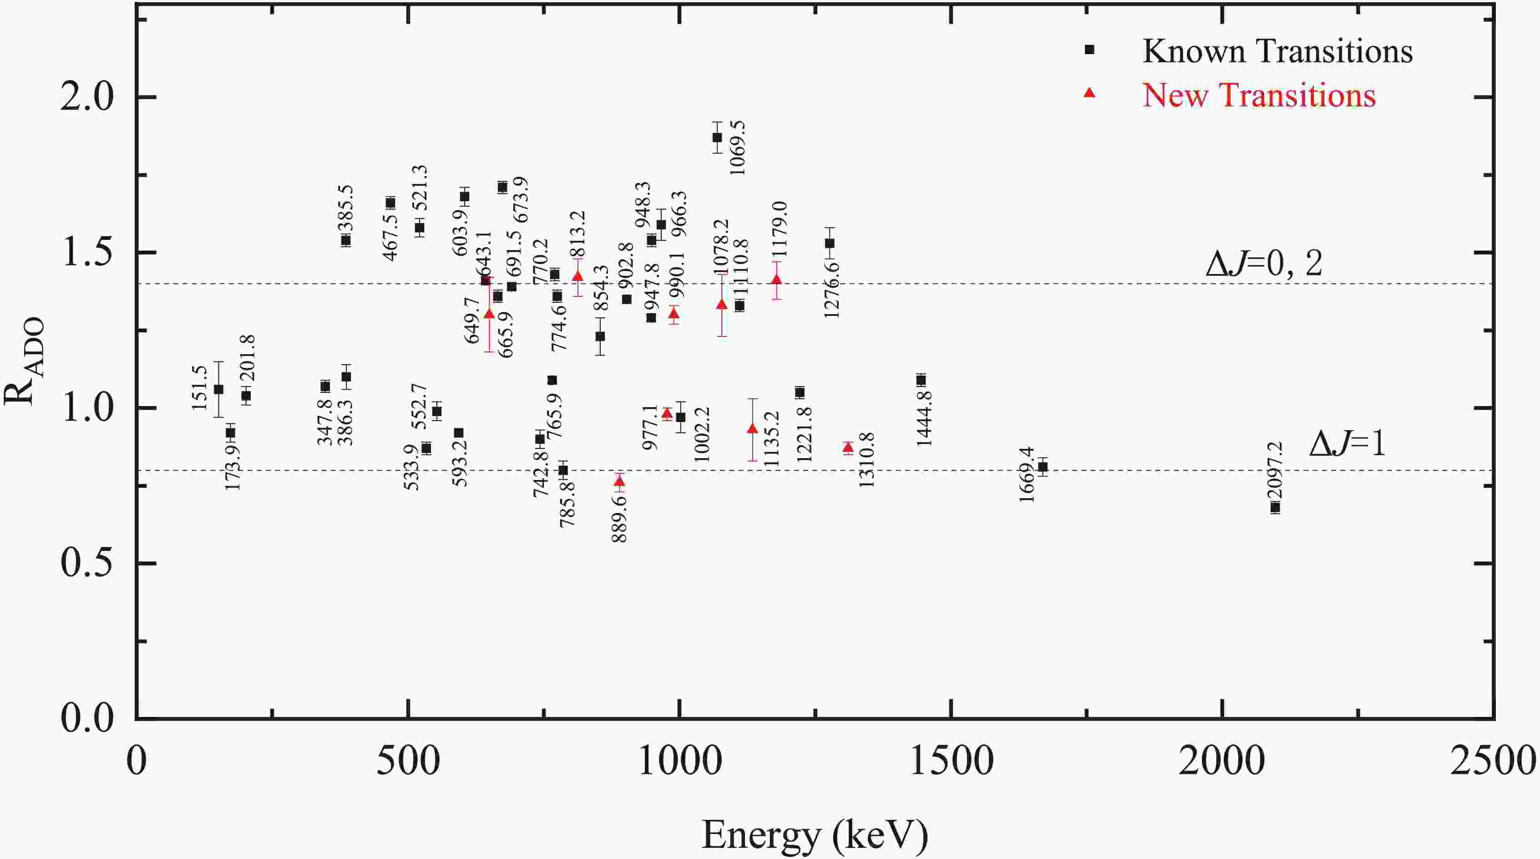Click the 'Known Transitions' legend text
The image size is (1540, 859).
[1277, 51]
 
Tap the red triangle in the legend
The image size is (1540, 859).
[1089, 93]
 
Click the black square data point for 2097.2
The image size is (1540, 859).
[1275, 507]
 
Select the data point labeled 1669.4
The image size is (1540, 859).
[1043, 467]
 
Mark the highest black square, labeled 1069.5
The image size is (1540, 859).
[717, 137]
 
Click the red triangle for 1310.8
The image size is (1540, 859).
[848, 447]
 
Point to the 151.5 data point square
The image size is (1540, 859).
[219, 389]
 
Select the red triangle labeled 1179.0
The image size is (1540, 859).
[776, 280]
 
